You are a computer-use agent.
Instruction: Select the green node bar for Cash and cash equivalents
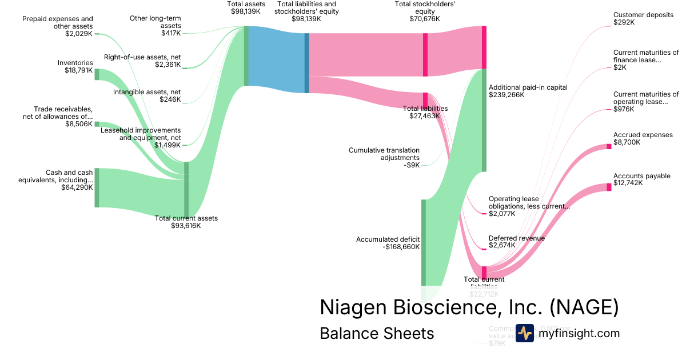97,187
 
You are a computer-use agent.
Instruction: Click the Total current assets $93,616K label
186,222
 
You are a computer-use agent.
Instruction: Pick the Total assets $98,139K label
246,7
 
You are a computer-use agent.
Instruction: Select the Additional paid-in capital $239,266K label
528,91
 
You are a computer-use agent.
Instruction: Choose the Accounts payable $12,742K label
641,179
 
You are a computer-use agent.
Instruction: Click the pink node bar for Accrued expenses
609,147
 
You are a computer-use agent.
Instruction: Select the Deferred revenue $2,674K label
516,242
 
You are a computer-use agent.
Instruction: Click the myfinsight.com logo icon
524,333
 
